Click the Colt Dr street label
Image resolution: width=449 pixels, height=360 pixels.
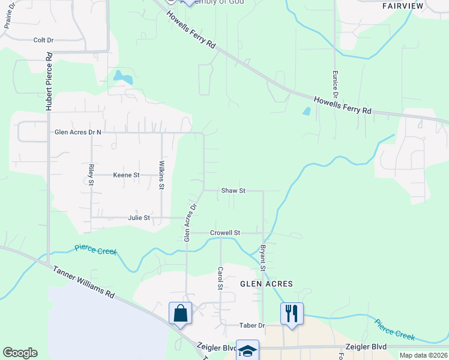point(43,40)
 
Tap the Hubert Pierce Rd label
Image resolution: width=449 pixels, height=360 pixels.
point(49,80)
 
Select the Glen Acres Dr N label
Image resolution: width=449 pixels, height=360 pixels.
point(78,132)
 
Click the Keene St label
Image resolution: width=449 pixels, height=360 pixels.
point(126,175)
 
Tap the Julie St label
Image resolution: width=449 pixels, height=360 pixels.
point(139,218)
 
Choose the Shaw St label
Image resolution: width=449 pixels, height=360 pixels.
point(234,191)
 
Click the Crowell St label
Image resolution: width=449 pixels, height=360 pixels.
point(224,233)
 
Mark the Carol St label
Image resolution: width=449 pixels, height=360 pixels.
point(220,278)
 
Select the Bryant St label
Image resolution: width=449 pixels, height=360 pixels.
point(263,256)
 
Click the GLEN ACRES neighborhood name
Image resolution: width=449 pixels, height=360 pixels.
point(267,284)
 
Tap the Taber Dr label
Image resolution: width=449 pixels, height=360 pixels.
point(253,325)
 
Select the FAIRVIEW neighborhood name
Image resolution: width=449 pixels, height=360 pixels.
point(403,6)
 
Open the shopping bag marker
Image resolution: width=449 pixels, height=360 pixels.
point(180,313)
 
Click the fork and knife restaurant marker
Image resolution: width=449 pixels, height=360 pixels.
point(292,313)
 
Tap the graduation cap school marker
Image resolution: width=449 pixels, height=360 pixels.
point(247,350)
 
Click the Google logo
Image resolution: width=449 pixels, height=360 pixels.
point(20,353)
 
